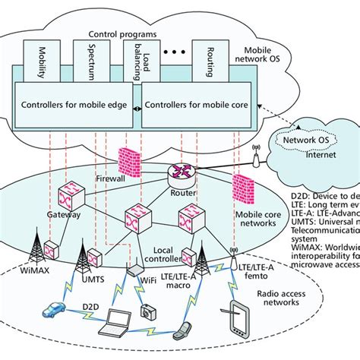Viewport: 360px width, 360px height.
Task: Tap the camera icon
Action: click(x=149, y=311)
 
